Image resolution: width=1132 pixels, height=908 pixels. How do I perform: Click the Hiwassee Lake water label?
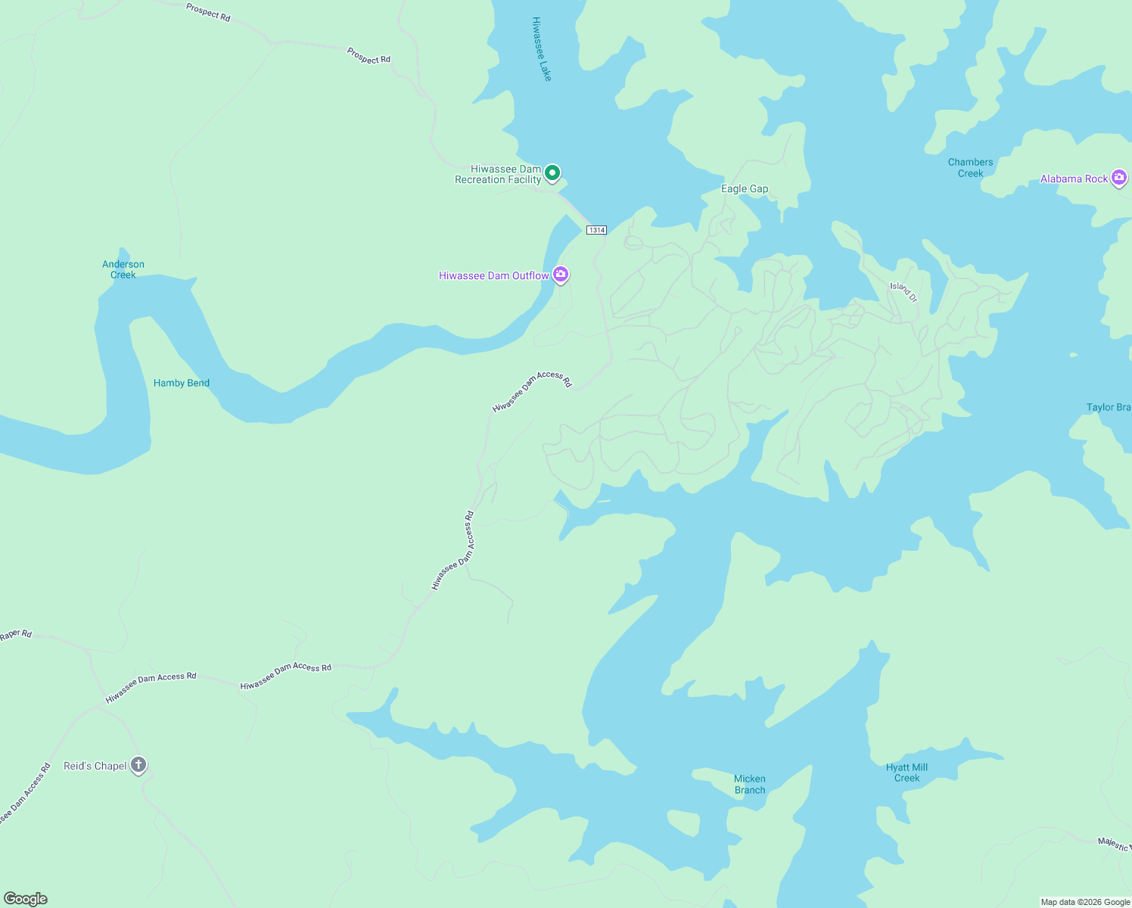(x=542, y=49)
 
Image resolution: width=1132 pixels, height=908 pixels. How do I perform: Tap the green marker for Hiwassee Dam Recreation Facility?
(x=553, y=173)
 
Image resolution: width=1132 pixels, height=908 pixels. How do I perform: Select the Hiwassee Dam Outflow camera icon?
(x=561, y=275)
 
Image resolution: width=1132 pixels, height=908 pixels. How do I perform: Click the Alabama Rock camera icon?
(x=1119, y=178)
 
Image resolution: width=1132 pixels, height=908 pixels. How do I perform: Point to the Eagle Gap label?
(x=745, y=189)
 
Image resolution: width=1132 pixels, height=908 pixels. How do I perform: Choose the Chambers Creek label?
(x=970, y=168)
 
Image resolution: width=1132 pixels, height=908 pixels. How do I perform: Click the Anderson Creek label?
(x=123, y=269)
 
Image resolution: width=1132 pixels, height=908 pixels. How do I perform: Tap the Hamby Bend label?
(x=182, y=383)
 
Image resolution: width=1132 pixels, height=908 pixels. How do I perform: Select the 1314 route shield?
(x=596, y=230)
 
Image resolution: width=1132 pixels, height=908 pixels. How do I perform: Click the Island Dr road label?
(x=903, y=292)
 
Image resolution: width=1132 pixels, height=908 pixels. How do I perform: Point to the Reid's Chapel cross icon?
(x=138, y=765)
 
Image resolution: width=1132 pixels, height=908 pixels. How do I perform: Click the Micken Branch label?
(x=750, y=785)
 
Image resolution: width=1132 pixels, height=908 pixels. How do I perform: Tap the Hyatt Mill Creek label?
(x=907, y=773)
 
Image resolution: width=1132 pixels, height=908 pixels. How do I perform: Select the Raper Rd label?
(x=16, y=635)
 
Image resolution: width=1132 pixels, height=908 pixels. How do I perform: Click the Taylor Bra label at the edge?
(x=1109, y=407)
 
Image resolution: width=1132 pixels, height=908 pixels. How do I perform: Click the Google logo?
(x=26, y=899)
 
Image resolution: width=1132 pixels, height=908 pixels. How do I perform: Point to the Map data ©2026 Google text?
(x=1085, y=902)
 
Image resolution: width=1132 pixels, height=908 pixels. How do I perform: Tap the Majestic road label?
(x=1114, y=844)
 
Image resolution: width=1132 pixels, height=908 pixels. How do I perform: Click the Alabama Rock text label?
(x=1074, y=179)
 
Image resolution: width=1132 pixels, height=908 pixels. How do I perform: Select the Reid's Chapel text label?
(x=95, y=766)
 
